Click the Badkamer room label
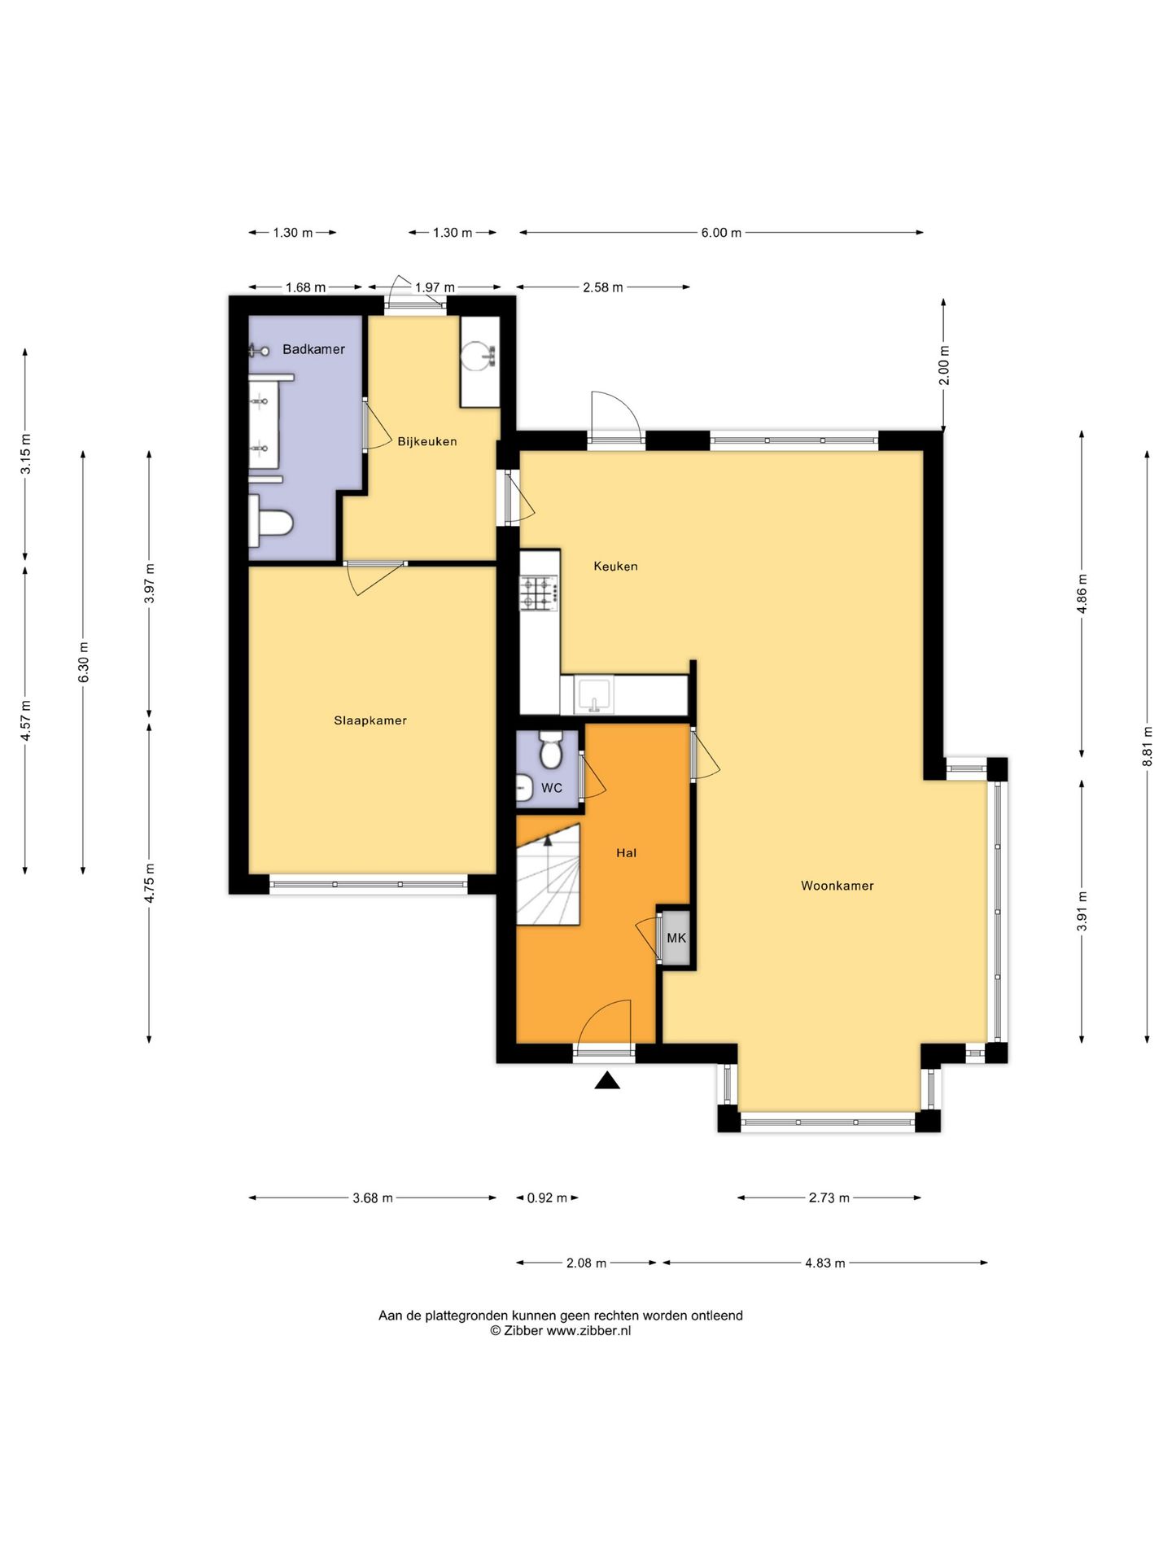pos(313,349)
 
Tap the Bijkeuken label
pos(427,442)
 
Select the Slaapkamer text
pos(370,720)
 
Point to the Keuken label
pos(615,567)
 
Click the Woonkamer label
pos(837,886)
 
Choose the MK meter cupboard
pos(676,938)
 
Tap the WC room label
pos(552,788)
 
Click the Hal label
pos(627,853)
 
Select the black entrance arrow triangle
pos(607,1080)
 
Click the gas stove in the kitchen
pos(540,593)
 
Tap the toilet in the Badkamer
pos(269,521)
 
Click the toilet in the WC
pos(551,750)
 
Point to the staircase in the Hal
pos(548,873)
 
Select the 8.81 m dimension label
pos(1148,746)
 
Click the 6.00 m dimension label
pos(721,233)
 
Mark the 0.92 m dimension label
pos(547,1198)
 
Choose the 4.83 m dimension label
pos(825,1263)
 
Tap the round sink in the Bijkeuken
pos(479,356)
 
